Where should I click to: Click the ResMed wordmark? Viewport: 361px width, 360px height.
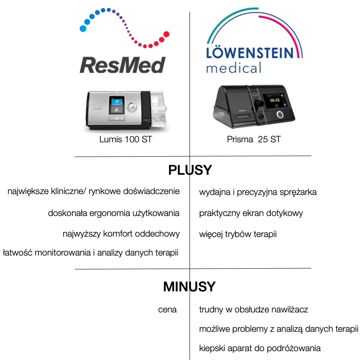click(x=122, y=65)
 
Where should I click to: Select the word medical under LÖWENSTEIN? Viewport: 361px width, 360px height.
click(x=233, y=68)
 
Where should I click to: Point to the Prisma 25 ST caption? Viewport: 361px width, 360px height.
click(x=254, y=139)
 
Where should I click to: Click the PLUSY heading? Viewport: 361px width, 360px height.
click(x=190, y=170)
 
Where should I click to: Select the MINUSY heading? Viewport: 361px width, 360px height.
click(x=190, y=287)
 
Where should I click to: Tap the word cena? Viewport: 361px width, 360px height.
click(x=167, y=310)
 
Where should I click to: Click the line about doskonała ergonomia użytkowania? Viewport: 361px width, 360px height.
click(x=114, y=213)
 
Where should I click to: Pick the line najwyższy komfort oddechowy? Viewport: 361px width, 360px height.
click(x=121, y=234)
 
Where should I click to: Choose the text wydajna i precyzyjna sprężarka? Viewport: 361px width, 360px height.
click(x=258, y=192)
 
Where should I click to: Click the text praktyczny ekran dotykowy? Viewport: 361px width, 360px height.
click(x=251, y=213)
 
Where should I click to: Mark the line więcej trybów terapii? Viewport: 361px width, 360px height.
click(x=238, y=234)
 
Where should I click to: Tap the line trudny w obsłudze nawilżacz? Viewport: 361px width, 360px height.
click(x=254, y=310)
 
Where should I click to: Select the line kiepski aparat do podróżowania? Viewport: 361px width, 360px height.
click(x=260, y=348)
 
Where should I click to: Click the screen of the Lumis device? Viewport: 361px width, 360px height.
click(x=116, y=105)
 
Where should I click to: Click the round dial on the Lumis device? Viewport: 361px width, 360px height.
click(x=133, y=106)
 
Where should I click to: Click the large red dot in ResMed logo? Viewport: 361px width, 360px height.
click(x=166, y=34)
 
